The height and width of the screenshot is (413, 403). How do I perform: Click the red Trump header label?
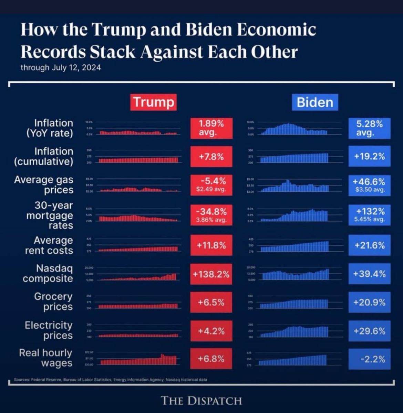point(153,102)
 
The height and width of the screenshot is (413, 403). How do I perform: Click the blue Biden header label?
point(315,102)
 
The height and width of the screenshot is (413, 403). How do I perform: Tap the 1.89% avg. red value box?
point(211,128)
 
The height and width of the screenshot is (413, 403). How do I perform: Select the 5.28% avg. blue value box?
point(369,128)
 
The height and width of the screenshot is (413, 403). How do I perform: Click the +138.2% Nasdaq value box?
point(211,274)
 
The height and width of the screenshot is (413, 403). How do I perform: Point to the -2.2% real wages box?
point(369,359)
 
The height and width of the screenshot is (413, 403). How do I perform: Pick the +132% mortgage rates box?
point(369,215)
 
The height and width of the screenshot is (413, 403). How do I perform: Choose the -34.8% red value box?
point(211,215)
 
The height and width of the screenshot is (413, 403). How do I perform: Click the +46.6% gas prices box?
point(369,185)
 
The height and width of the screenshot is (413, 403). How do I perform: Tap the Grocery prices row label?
point(53,301)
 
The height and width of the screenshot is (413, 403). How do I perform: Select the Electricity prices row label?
point(49,330)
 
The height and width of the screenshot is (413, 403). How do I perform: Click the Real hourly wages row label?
point(45,358)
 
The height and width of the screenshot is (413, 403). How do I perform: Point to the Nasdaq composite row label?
point(48,273)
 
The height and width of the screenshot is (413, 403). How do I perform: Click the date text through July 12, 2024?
point(61,67)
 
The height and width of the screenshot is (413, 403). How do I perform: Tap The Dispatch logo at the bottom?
point(201,401)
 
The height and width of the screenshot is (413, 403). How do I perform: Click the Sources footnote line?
point(111,380)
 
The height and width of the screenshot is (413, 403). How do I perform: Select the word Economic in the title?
point(277,30)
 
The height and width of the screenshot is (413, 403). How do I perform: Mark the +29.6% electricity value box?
point(369,331)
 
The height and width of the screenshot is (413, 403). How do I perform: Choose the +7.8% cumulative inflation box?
point(211,157)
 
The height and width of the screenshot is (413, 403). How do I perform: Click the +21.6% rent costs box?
point(369,245)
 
